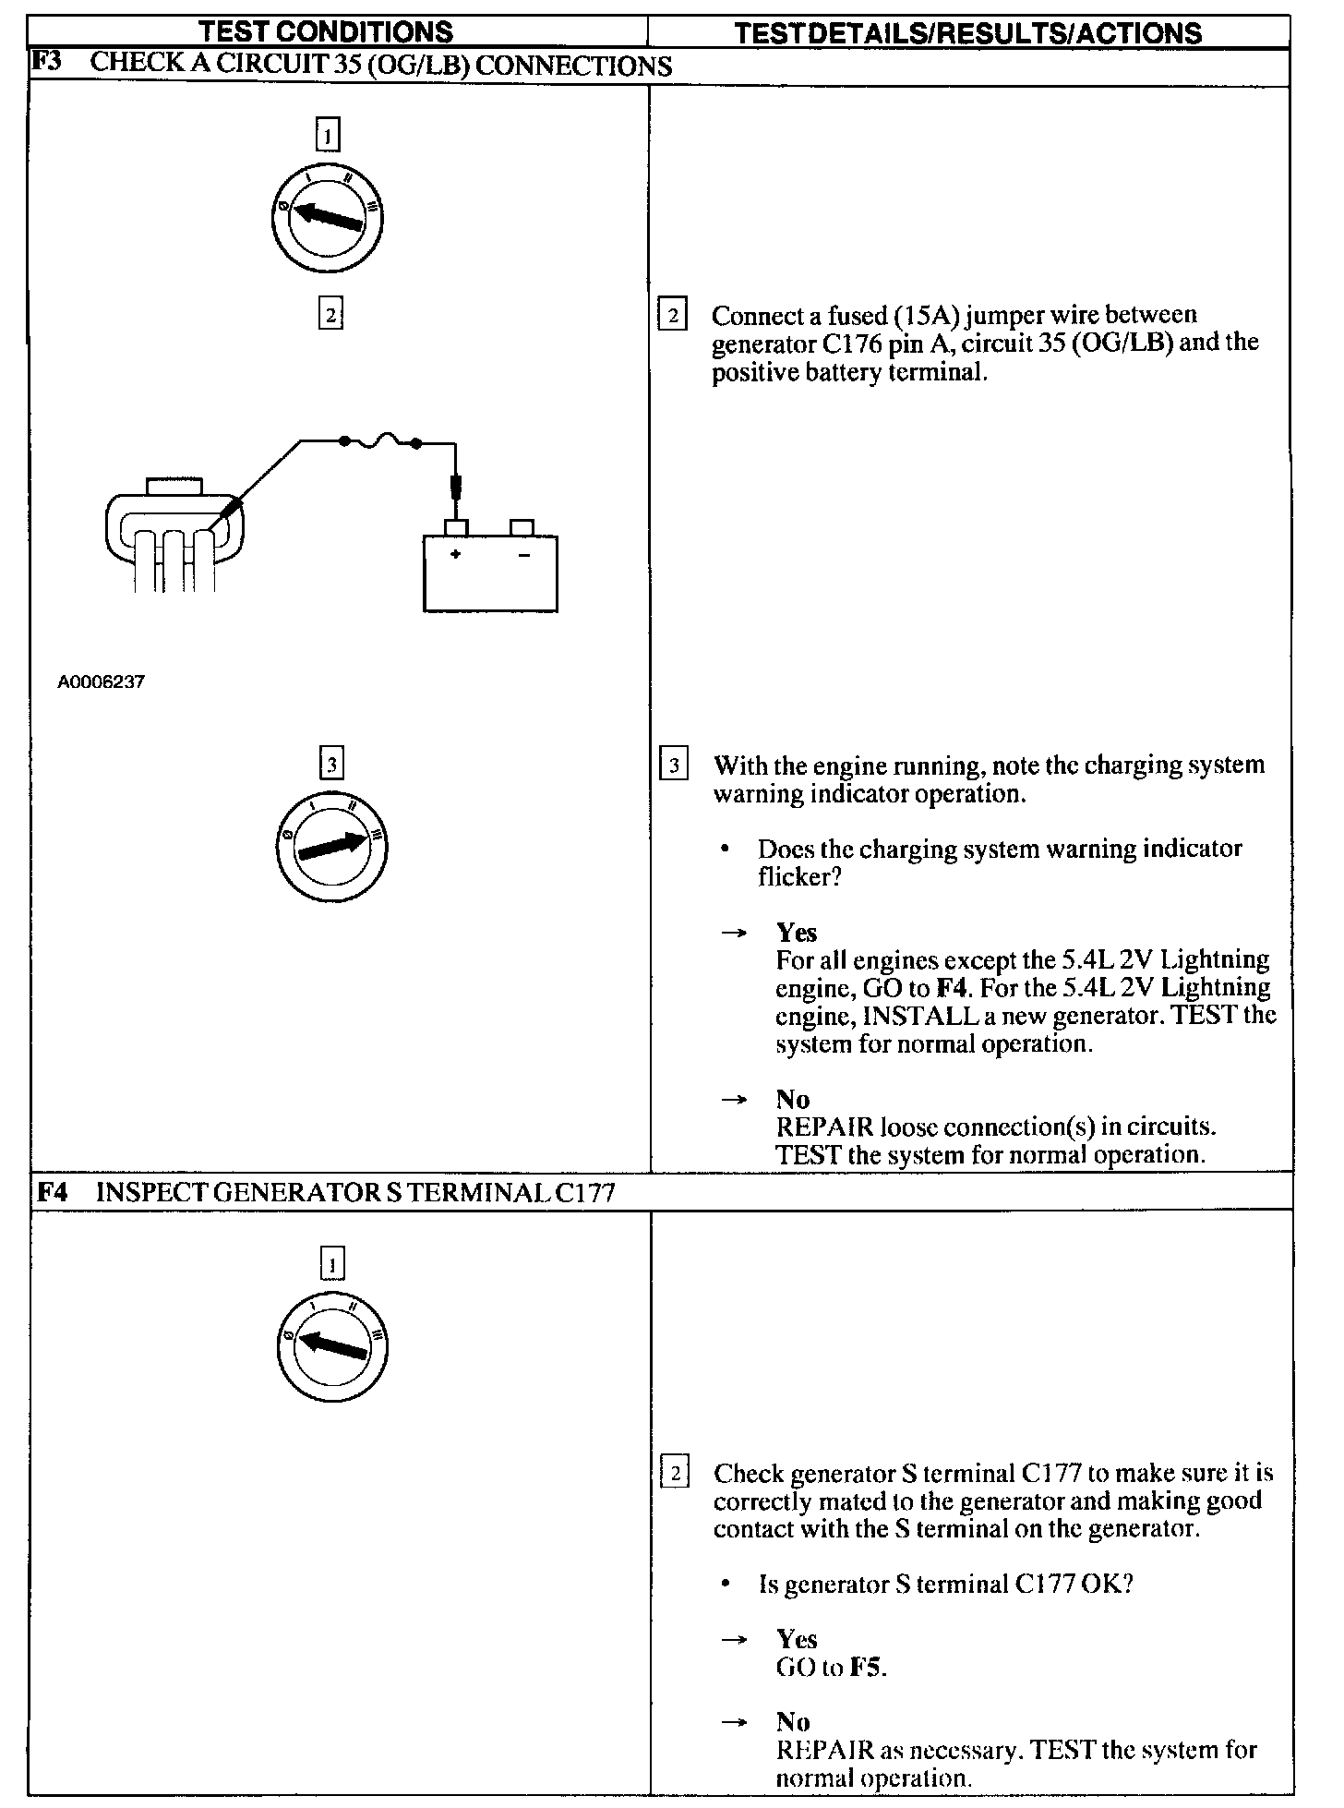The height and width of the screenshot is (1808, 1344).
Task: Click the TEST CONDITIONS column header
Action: pyautogui.click(x=326, y=32)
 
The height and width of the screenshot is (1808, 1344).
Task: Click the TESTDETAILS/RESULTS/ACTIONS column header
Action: pyautogui.click(x=968, y=34)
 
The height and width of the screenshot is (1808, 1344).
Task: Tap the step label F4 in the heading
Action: pyautogui.click(x=53, y=1192)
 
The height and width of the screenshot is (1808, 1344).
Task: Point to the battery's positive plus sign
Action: pyautogui.click(x=455, y=554)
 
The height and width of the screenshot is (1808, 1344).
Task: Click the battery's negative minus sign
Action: pyautogui.click(x=523, y=555)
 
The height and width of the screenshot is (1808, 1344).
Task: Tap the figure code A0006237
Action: pyautogui.click(x=101, y=682)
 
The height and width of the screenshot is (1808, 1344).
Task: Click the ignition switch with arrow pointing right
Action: pyautogui.click(x=332, y=846)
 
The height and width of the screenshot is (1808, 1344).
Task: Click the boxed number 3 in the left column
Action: pyautogui.click(x=330, y=764)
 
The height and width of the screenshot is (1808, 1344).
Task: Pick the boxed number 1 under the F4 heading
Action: pyautogui.click(x=332, y=1264)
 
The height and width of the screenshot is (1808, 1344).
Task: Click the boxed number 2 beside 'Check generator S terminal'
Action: pyautogui.click(x=675, y=1474)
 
